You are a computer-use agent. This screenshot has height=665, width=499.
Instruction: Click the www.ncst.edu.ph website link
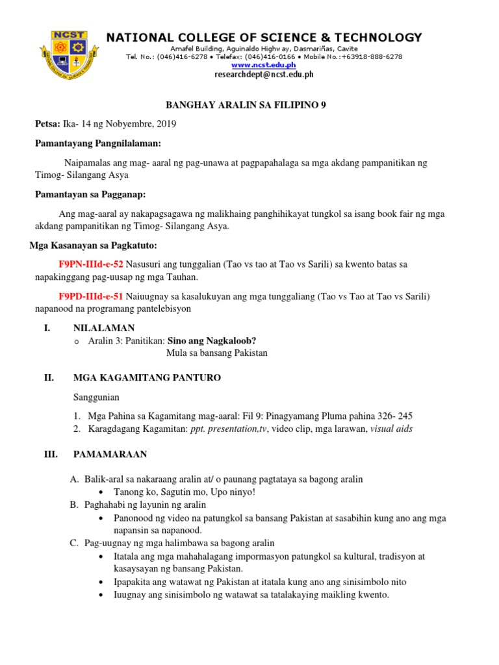click(264, 65)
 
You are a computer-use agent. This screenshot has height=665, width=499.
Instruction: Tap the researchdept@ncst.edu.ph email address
click(264, 75)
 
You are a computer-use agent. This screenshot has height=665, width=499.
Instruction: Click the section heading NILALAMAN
click(104, 329)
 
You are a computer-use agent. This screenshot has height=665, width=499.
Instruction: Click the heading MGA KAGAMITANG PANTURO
click(147, 377)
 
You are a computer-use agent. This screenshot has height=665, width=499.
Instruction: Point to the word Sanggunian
click(96, 397)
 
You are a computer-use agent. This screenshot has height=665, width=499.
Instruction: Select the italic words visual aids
click(391, 429)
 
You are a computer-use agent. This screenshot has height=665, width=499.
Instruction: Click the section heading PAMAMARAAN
click(110, 454)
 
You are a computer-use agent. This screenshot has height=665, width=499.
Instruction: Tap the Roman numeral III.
click(51, 454)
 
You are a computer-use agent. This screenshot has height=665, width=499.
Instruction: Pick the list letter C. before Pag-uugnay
click(74, 543)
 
